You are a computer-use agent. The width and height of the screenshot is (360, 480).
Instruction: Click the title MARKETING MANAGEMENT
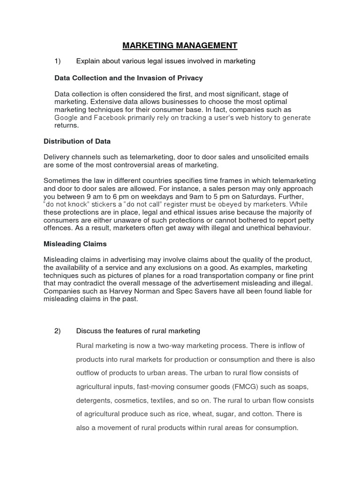tap(180, 45)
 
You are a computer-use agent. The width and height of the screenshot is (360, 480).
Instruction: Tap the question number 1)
tap(58, 61)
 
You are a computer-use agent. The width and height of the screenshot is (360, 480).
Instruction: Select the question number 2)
tap(58, 331)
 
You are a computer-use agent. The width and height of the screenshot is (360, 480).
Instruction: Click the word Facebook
tap(110, 118)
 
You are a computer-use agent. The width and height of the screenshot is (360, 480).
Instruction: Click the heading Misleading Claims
tap(75, 244)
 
